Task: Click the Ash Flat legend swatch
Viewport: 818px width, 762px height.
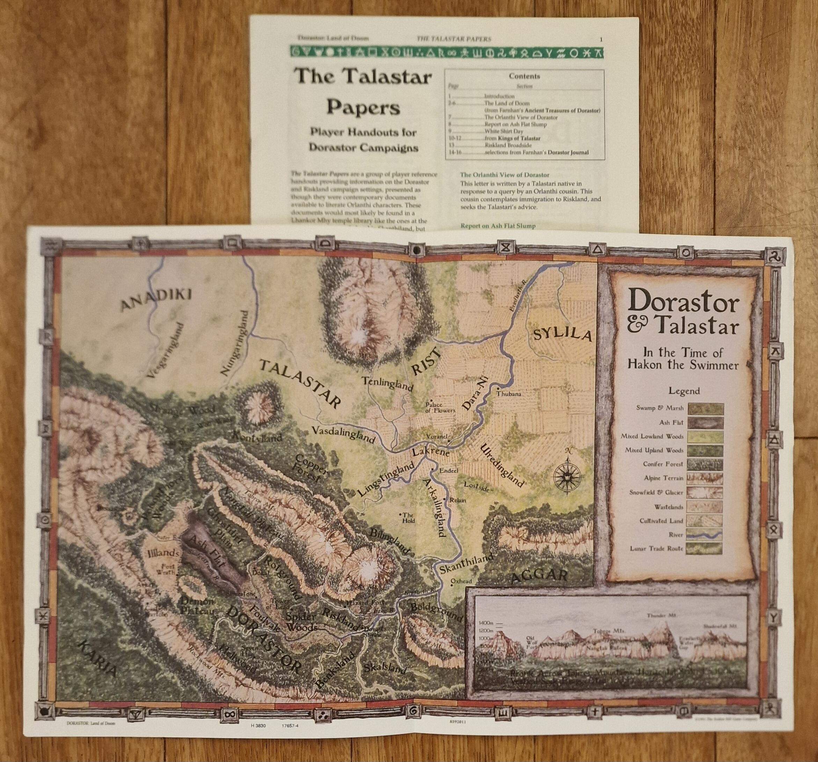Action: tap(706, 422)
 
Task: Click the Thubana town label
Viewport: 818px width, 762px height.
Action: tap(509, 394)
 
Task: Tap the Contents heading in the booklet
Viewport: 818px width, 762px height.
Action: tap(524, 76)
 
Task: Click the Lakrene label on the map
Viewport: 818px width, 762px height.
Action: tap(430, 452)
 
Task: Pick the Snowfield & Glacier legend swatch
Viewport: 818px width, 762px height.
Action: tap(706, 492)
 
